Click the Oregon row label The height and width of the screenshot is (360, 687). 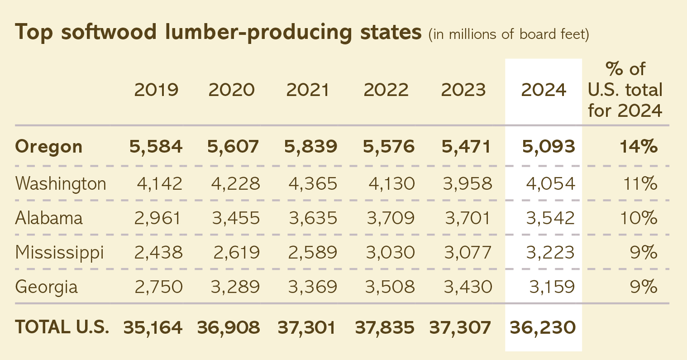coord(49,147)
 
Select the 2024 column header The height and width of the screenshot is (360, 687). coord(544,90)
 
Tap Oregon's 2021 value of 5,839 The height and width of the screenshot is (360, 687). coord(310,147)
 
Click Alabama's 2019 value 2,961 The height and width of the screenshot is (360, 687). coord(157,218)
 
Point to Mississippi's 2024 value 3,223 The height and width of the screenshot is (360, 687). coord(550,253)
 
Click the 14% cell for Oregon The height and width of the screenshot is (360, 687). coord(639,147)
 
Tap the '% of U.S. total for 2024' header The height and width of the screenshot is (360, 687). coord(625,90)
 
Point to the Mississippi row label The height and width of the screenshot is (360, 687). coord(60,253)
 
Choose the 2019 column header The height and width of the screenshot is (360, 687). coord(156,90)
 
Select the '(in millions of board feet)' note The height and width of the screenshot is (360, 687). coord(509,34)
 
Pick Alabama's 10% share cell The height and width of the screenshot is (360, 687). coord(639,218)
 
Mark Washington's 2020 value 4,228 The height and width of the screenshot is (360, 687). coord(235,184)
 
